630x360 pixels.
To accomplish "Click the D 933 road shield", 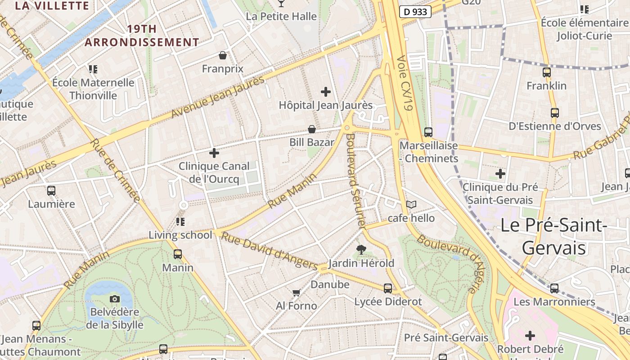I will (x=415, y=12).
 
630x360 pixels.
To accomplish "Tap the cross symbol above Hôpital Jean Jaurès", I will (x=326, y=92).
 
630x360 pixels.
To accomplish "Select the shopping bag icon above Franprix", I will (x=222, y=55).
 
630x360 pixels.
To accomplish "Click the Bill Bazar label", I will (x=311, y=143).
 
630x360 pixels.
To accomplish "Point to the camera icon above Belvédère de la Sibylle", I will (x=115, y=299).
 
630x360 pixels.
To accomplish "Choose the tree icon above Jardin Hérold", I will (x=361, y=249).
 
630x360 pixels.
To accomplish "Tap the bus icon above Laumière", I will (x=51, y=190).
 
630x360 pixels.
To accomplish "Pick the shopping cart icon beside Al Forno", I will (x=296, y=293).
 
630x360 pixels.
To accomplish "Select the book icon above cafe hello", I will (x=411, y=204).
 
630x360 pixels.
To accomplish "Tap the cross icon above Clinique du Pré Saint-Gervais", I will (x=500, y=174).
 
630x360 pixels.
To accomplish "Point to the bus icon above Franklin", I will (x=547, y=72).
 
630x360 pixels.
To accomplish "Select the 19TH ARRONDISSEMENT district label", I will (x=142, y=36).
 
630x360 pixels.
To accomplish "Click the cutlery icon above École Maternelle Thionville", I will (x=93, y=69).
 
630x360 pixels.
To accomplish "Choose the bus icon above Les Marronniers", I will (x=554, y=288).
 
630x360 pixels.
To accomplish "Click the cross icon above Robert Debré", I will (x=530, y=335).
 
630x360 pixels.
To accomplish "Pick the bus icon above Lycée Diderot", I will (x=388, y=288).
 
